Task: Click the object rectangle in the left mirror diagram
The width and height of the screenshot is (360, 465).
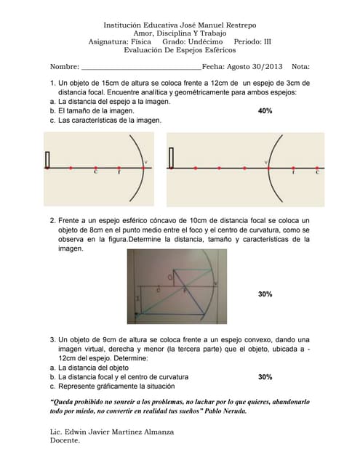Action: pyautogui.click(x=47, y=160)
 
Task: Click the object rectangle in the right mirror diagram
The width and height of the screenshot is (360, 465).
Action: pyautogui.click(x=171, y=158)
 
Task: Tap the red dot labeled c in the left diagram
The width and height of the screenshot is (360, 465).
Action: pyautogui.click(x=95, y=168)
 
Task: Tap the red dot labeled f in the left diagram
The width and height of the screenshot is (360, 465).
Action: pyautogui.click(x=119, y=168)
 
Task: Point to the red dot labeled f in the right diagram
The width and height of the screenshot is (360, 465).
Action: pyautogui.click(x=293, y=168)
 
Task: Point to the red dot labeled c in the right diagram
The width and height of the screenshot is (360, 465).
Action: pyautogui.click(x=317, y=168)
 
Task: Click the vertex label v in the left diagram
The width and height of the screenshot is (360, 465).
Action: pyautogui.click(x=145, y=162)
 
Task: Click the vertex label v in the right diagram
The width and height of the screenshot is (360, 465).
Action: pyautogui.click(x=266, y=162)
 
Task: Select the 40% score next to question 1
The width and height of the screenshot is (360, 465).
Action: pyautogui.click(x=265, y=111)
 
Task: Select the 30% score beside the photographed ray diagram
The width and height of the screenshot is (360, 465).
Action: pyautogui.click(x=265, y=294)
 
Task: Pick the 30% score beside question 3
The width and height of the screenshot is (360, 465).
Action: pyautogui.click(x=265, y=377)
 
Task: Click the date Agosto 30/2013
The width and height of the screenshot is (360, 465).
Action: pyautogui.click(x=255, y=66)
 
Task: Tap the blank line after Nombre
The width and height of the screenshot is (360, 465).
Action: pyautogui.click(x=141, y=70)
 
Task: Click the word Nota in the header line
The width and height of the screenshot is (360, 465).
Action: pyautogui.click(x=300, y=66)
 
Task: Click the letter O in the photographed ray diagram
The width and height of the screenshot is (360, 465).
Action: pyautogui.click(x=170, y=278)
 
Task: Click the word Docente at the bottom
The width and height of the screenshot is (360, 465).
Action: pyautogui.click(x=65, y=440)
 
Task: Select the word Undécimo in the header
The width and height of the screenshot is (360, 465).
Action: pyautogui.click(x=205, y=41)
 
